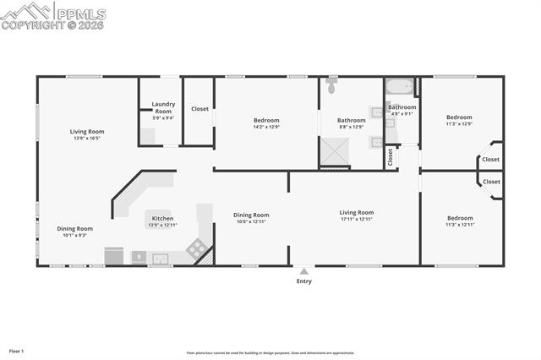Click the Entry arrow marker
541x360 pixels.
303,271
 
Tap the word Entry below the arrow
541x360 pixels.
303,281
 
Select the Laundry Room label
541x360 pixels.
163,107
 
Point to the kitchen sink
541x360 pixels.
159,258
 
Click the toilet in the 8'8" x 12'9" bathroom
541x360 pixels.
332,86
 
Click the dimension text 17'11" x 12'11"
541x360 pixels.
357,220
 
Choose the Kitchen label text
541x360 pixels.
162,218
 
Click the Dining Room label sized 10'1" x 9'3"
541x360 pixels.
74,228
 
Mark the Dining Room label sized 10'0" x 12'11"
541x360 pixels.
251,215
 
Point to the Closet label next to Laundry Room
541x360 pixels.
199,109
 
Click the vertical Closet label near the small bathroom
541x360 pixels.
390,156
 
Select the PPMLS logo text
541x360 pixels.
81,14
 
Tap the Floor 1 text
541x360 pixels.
16,350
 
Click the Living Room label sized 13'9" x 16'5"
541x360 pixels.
87,131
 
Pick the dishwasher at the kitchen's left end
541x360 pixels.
114,255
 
